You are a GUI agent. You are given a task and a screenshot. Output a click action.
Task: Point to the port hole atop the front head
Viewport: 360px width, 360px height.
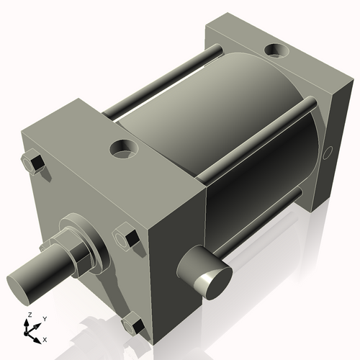(124, 150)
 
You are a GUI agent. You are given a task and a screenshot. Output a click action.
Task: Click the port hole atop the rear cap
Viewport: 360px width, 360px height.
(276, 51)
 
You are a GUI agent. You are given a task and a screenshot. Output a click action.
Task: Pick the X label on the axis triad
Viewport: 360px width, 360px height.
(45, 338)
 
